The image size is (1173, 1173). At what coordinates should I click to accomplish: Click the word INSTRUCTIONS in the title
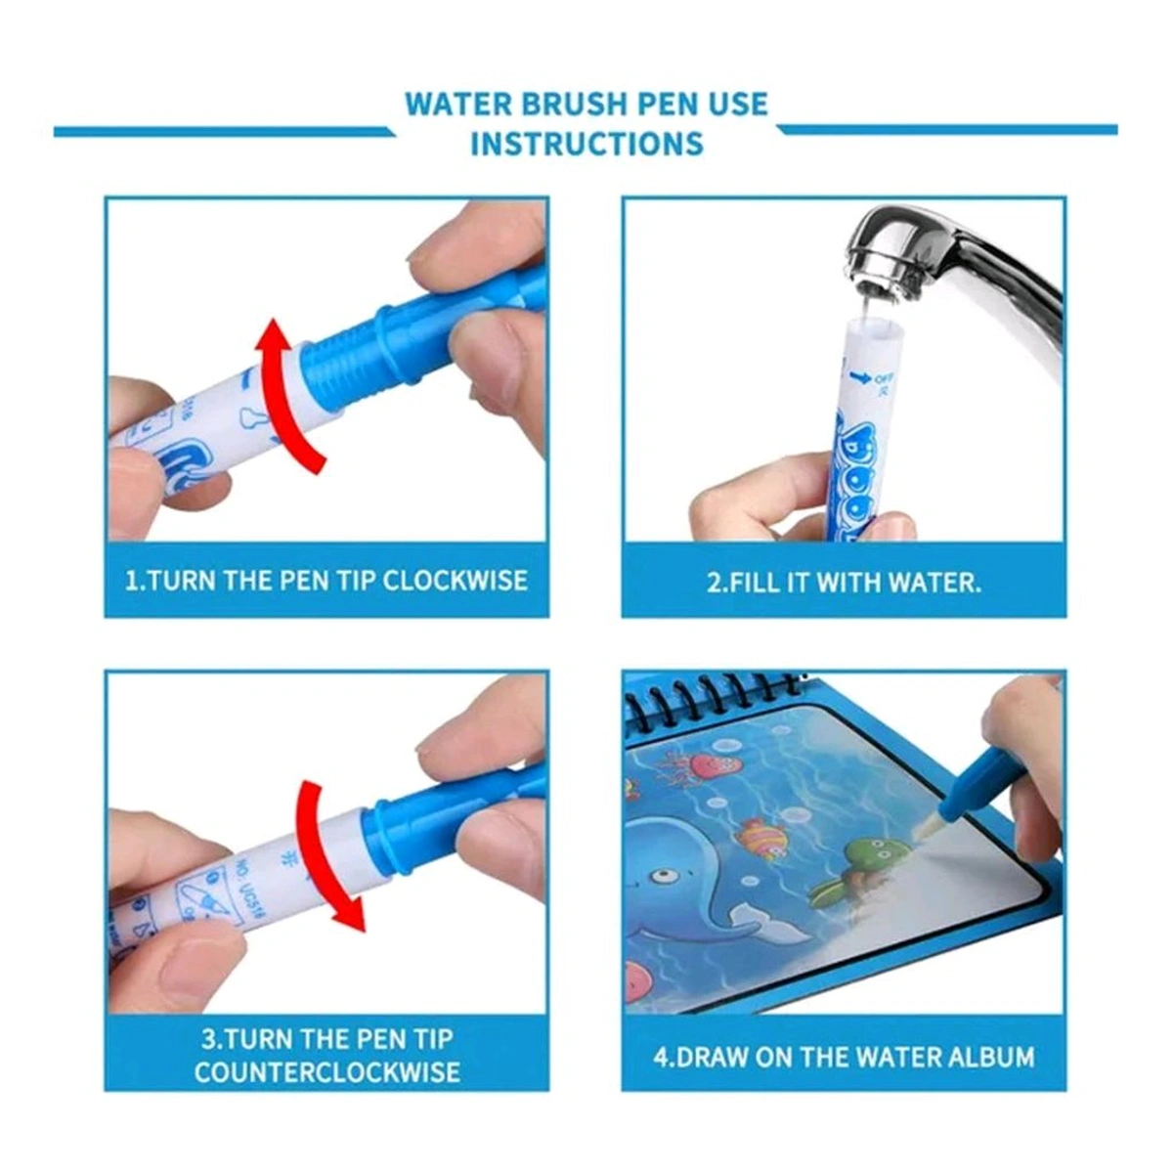[x=586, y=143]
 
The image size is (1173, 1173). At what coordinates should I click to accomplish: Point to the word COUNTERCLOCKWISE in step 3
[x=326, y=1071]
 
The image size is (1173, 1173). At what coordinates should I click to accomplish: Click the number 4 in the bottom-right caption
[x=660, y=1057]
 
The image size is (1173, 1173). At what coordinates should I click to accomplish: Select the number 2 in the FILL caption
[x=713, y=583]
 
